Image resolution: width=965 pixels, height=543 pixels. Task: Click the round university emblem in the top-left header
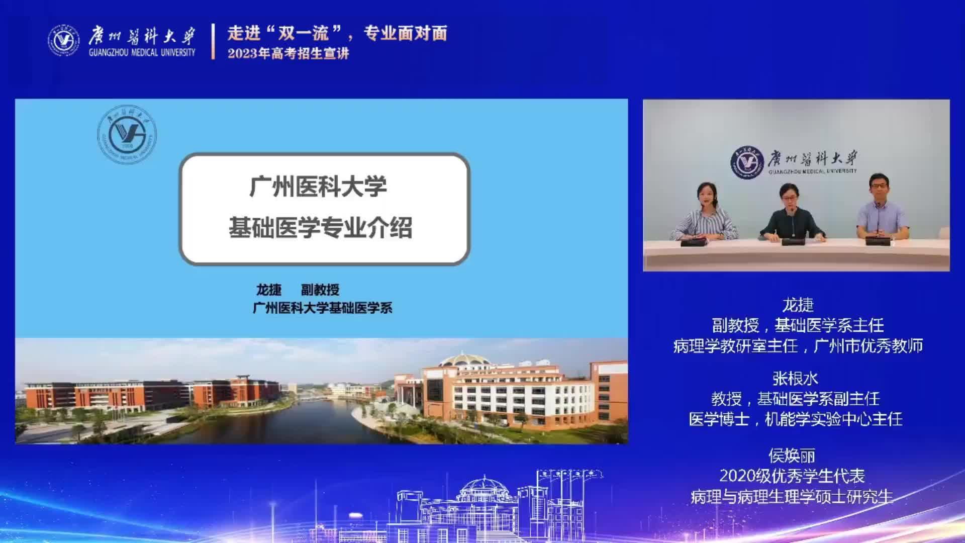[64, 40]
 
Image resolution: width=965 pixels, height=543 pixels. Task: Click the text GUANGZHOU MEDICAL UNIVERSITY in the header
[142, 52]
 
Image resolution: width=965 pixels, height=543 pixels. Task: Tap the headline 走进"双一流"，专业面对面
[337, 34]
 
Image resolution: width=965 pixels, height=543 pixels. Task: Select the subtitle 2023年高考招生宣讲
[288, 53]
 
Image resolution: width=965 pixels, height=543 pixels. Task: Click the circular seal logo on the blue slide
[127, 134]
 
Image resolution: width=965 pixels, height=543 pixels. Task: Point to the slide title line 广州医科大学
[318, 187]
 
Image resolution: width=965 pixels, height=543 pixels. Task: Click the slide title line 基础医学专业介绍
[320, 227]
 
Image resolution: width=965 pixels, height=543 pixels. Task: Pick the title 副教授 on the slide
[320, 290]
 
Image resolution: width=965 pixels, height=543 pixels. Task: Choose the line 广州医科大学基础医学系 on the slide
[322, 308]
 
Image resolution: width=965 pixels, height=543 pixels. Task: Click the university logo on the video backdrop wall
[794, 162]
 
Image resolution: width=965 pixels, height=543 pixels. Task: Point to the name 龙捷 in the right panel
[798, 305]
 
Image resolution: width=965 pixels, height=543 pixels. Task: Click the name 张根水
[795, 378]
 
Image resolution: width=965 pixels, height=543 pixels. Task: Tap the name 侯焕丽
[792, 456]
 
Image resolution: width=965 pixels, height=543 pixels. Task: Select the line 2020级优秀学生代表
[792, 476]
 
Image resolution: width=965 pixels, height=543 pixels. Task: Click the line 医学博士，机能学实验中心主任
[796, 419]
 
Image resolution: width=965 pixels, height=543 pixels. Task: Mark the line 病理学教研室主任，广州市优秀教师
[798, 345]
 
